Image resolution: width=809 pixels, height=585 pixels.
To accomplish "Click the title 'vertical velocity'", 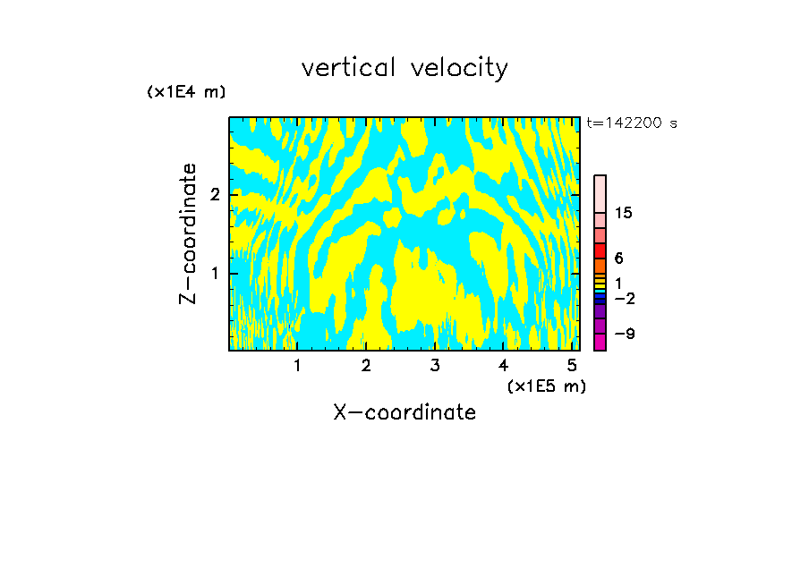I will (x=404, y=68).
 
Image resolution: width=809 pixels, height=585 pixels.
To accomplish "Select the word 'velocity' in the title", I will (x=461, y=69).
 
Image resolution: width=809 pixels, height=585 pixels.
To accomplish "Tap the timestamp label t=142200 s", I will (x=632, y=123).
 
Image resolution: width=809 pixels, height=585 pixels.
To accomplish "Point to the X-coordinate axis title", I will (x=404, y=412).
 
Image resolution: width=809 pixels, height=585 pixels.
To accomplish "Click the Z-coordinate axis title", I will (x=188, y=233).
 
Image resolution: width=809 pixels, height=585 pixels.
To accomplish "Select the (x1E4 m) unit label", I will (x=186, y=92).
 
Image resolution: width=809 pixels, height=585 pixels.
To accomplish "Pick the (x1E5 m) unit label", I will (x=546, y=386).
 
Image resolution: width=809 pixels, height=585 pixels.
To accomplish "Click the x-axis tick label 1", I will (x=297, y=366).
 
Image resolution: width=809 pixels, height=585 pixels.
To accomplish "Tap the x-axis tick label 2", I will (x=366, y=366).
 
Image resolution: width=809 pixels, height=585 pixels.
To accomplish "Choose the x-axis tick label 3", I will (x=435, y=366).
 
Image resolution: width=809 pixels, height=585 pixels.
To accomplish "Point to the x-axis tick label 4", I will (x=504, y=366).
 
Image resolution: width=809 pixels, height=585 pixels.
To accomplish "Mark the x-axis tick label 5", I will (x=572, y=366).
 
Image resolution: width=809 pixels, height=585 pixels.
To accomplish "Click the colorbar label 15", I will (x=624, y=213).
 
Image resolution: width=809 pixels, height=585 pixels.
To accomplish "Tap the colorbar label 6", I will (x=618, y=259).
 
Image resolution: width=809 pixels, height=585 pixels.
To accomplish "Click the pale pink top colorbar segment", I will (x=600, y=193).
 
